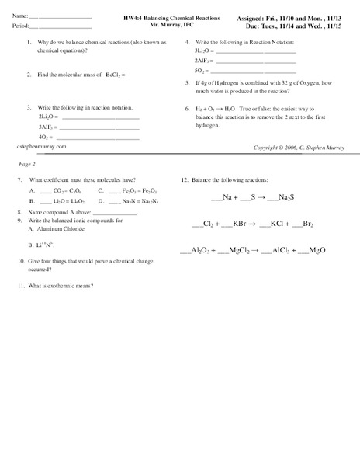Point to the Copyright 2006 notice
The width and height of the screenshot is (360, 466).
click(296, 148)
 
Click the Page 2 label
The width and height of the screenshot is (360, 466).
click(27, 165)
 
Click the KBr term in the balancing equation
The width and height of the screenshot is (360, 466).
click(239, 224)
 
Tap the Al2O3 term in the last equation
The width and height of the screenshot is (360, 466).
click(197, 251)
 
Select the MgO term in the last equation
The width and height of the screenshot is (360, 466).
click(317, 251)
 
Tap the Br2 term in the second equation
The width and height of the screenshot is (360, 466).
click(308, 224)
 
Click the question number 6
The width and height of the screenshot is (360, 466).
click(187, 109)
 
